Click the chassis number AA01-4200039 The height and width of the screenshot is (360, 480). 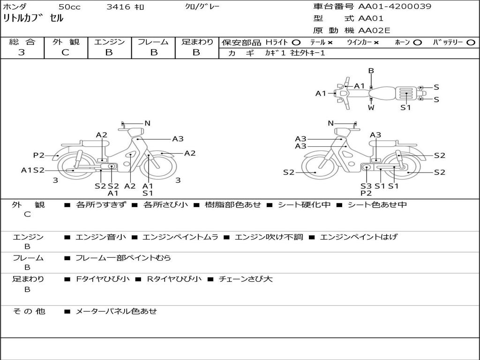point(395,7)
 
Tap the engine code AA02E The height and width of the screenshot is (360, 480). point(374,30)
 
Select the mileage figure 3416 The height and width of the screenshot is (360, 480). point(118,7)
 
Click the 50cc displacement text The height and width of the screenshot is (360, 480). point(69,7)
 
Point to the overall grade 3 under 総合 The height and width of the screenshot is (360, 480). point(22,52)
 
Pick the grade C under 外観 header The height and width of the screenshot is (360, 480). point(65,52)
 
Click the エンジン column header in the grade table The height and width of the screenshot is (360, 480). point(110,42)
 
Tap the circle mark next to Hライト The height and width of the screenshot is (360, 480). point(296,43)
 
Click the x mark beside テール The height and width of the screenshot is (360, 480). point(330,43)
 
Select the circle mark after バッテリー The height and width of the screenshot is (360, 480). point(471,43)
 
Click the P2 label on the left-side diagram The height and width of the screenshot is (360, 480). point(39,155)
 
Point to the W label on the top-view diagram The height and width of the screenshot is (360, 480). point(371,108)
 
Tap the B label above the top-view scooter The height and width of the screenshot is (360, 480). point(371,71)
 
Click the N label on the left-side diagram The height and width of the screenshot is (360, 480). point(148,123)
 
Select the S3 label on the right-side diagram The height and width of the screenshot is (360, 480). point(366,186)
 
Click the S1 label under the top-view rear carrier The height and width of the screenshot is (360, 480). point(405,107)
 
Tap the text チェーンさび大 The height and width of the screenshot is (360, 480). point(246,279)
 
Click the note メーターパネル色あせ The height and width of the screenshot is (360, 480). point(116,311)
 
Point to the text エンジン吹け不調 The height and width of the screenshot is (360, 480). point(269,237)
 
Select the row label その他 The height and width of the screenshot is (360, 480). point(29,311)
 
